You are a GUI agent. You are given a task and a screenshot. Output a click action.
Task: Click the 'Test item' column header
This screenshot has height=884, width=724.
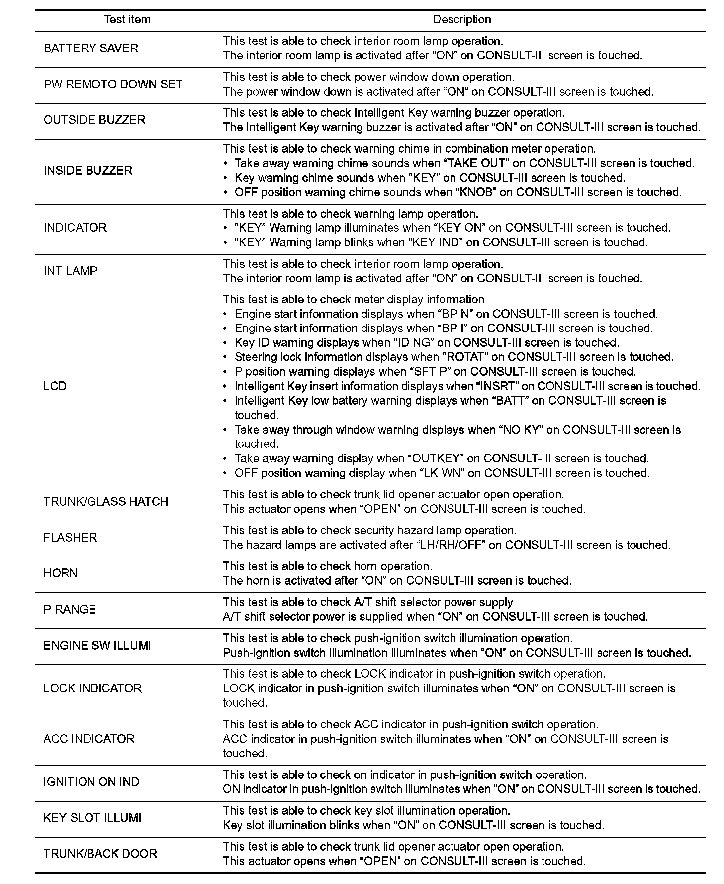pos(127,20)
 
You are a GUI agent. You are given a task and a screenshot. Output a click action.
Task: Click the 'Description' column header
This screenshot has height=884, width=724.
pos(461,20)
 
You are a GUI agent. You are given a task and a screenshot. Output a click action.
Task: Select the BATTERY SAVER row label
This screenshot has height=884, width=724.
pos(91,48)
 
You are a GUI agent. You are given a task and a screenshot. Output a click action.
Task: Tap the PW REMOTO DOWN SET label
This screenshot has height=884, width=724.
pos(113,84)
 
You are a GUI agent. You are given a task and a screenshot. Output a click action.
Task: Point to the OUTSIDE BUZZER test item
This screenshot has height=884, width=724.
pos(94,120)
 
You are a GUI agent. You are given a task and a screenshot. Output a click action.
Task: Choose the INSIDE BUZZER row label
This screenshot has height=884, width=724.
pos(88,171)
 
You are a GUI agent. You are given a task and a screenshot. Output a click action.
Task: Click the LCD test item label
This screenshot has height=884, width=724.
pos(55,386)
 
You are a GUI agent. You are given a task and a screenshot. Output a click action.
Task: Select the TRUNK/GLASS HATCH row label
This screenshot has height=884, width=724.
pos(106,502)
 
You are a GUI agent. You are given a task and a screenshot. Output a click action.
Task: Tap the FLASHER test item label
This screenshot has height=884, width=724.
pos(70,538)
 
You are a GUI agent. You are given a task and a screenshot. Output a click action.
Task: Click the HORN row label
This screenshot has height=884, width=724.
pos(61,573)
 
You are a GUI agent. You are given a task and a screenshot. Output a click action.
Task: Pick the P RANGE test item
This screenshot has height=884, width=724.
pos(70,610)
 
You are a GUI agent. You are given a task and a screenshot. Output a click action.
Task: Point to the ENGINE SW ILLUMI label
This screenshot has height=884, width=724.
pos(97,646)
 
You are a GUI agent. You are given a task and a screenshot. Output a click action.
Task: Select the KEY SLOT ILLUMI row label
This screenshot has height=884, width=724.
pos(92,818)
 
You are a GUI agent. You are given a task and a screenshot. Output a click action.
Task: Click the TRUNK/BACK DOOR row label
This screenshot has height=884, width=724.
pos(100,854)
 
